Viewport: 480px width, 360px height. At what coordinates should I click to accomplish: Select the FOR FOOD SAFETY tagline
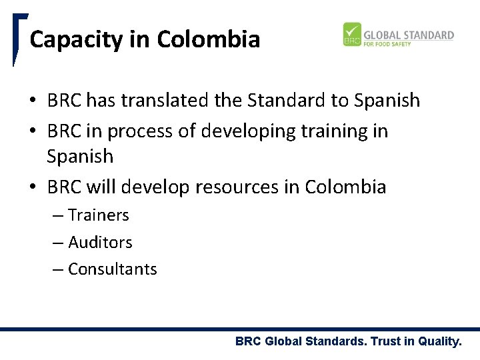tap(387, 44)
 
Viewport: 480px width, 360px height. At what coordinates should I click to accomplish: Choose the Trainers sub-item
tap(99, 215)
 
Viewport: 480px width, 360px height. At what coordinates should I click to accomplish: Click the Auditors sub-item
tap(100, 242)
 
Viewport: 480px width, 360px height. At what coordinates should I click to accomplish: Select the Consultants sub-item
tap(112, 269)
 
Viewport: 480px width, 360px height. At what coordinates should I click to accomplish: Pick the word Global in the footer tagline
tap(283, 342)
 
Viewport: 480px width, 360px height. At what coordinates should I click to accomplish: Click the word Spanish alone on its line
tap(80, 157)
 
